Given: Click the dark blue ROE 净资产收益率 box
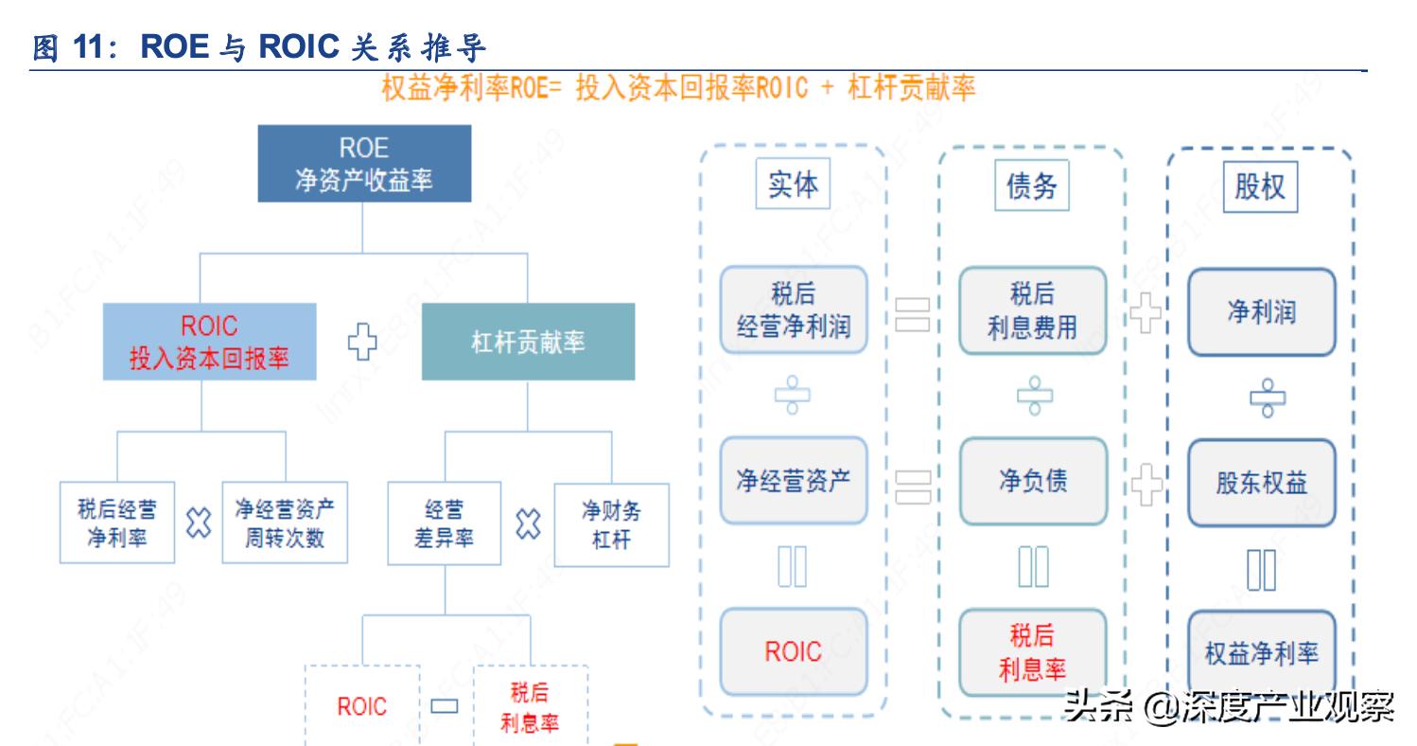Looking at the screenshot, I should click(x=364, y=163).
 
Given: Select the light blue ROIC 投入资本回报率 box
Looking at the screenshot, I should click(x=209, y=342).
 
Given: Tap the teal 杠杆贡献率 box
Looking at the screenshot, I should click(x=528, y=342).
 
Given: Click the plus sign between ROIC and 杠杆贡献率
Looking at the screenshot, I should click(x=362, y=343).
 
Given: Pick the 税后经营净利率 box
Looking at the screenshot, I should click(x=117, y=524).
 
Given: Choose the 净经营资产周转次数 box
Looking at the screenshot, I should click(x=284, y=524).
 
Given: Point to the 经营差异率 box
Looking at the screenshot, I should click(x=444, y=524).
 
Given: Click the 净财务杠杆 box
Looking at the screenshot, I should click(x=611, y=524).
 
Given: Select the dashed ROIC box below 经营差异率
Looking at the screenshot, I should click(x=361, y=706).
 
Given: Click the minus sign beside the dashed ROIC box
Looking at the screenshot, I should click(x=444, y=706).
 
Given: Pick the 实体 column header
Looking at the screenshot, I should click(x=793, y=185).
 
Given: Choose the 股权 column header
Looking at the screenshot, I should click(x=1260, y=186).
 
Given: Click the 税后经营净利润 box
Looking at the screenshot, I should click(x=793, y=311).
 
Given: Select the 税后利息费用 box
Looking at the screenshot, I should click(x=1032, y=311).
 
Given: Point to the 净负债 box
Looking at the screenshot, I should click(x=1032, y=481).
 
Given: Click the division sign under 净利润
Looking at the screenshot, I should click(x=1261, y=398).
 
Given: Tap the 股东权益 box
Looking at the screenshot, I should click(x=1261, y=483).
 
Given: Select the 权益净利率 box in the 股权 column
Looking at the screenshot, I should click(x=1261, y=651).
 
